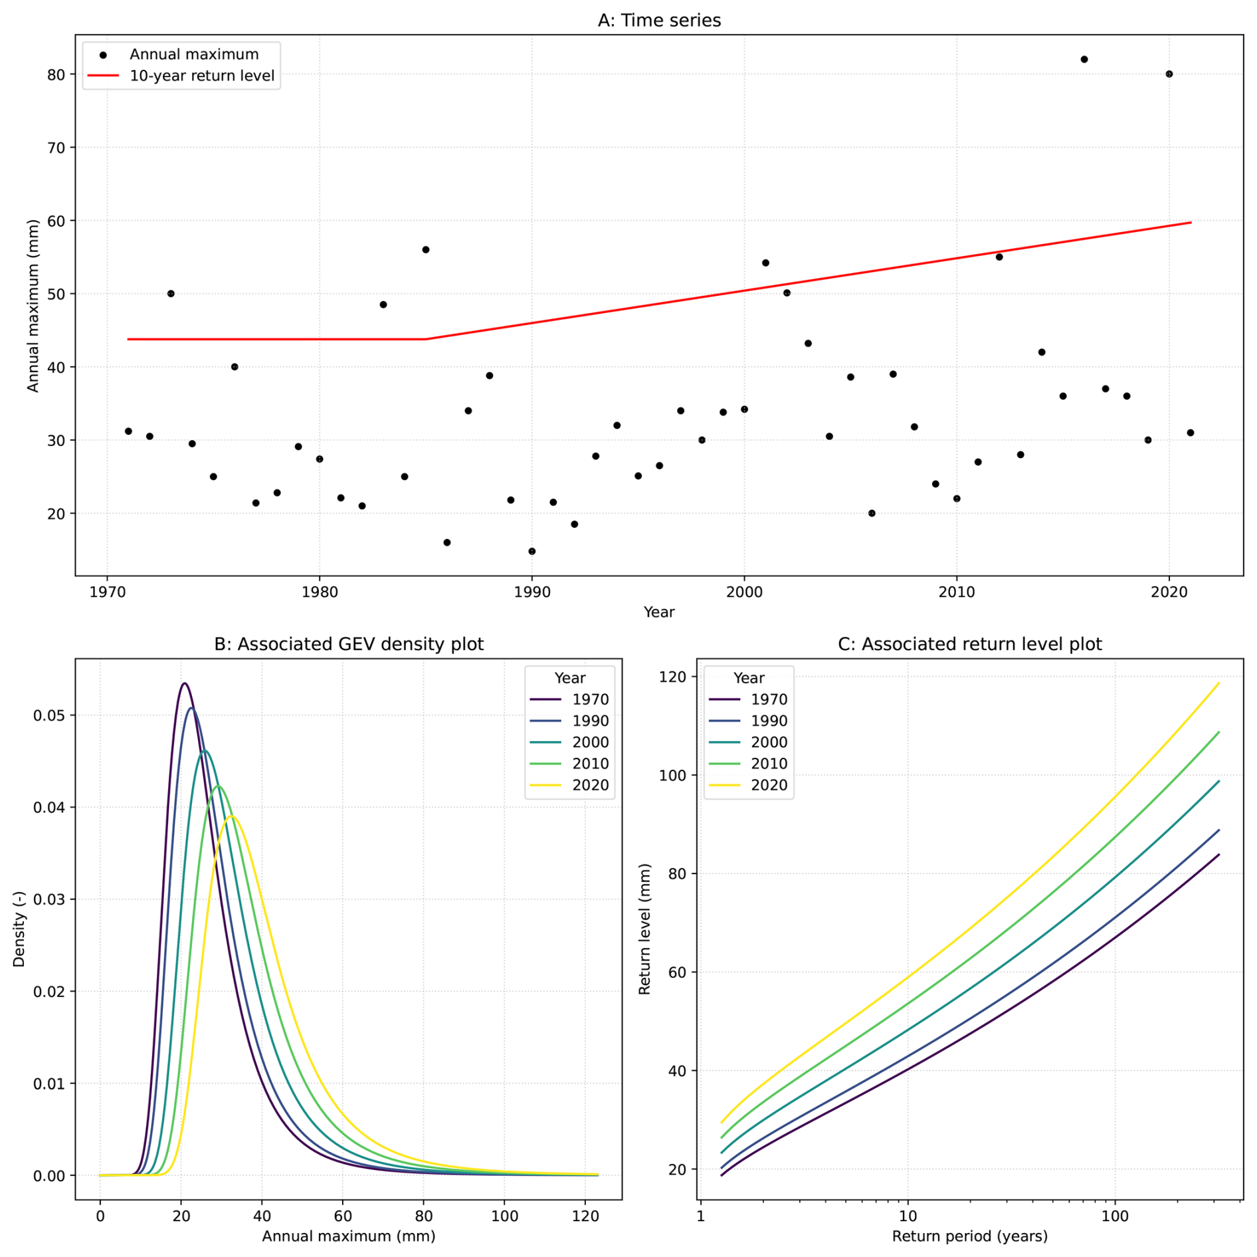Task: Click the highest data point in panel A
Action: tap(1084, 59)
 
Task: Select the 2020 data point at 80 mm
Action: tap(1169, 74)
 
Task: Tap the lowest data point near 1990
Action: tap(532, 551)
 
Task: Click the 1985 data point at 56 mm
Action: tap(425, 249)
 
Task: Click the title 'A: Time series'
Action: tap(659, 21)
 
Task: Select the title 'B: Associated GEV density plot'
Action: tap(349, 644)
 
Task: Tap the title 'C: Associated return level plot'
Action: tap(970, 644)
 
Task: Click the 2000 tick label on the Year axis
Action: tap(744, 592)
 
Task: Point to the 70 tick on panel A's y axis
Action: tap(56, 148)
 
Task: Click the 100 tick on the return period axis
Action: tap(1115, 1216)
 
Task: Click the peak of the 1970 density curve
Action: tap(184, 683)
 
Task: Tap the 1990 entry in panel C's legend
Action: tap(748, 721)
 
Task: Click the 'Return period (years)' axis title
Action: tap(970, 1236)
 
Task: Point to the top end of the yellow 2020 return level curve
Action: tap(1218, 683)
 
